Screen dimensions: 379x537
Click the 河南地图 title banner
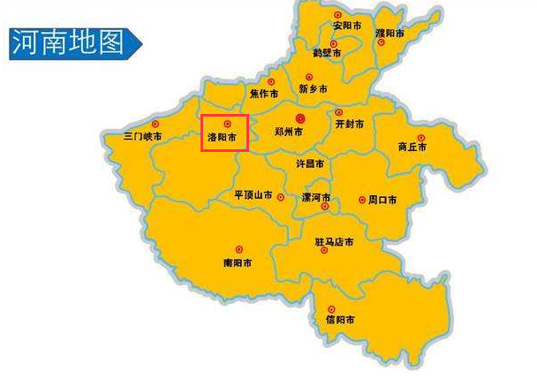click(71, 42)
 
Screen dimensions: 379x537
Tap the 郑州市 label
click(289, 132)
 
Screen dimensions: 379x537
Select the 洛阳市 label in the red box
click(222, 138)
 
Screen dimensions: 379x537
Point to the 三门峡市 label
click(142, 137)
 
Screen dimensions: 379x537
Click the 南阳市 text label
click(238, 263)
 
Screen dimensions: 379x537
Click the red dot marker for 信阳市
click(331, 308)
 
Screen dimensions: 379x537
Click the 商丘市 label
click(412, 148)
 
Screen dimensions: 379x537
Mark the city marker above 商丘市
click(420, 137)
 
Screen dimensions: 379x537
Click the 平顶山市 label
click(253, 195)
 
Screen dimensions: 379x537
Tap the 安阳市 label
click(346, 27)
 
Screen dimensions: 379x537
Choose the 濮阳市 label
click(390, 34)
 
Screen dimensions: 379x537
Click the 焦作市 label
click(263, 93)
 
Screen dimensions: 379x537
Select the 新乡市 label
click(313, 89)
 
